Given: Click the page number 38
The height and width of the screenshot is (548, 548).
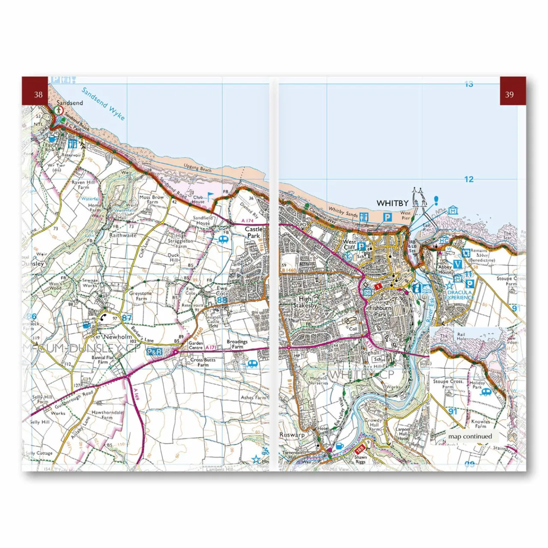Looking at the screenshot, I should (x=38, y=95).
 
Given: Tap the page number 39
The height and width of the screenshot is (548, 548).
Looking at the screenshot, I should (x=509, y=95).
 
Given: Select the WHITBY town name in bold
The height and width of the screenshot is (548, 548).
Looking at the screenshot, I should (x=392, y=203).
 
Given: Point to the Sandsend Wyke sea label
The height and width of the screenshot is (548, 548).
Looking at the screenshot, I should (x=103, y=104).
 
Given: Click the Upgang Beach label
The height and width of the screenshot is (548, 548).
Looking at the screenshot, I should (x=198, y=167).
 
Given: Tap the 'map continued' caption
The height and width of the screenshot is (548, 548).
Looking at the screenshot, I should (x=470, y=436).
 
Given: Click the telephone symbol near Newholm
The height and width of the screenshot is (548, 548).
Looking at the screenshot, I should (x=103, y=317).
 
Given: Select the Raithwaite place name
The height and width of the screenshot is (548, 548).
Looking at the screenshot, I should (x=123, y=235).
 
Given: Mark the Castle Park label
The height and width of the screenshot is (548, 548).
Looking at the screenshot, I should (x=253, y=232).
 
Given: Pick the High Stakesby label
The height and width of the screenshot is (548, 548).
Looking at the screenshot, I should (x=305, y=302).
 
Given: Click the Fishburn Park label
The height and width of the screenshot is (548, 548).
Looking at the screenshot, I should (x=380, y=311).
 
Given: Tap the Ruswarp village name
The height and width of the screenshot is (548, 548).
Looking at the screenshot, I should (x=292, y=435).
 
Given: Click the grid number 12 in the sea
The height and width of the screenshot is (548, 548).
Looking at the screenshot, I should (x=469, y=179).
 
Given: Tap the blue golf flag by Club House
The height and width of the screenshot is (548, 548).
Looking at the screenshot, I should (x=210, y=196).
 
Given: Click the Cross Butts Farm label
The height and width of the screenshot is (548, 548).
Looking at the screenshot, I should (x=203, y=362).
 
